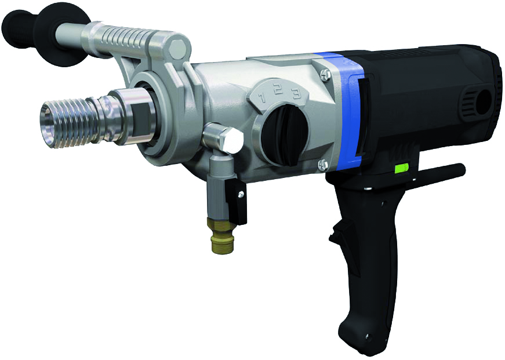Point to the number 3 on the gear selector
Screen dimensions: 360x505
295,94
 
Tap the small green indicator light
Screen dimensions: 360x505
402,169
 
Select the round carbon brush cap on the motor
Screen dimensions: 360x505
481,101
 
